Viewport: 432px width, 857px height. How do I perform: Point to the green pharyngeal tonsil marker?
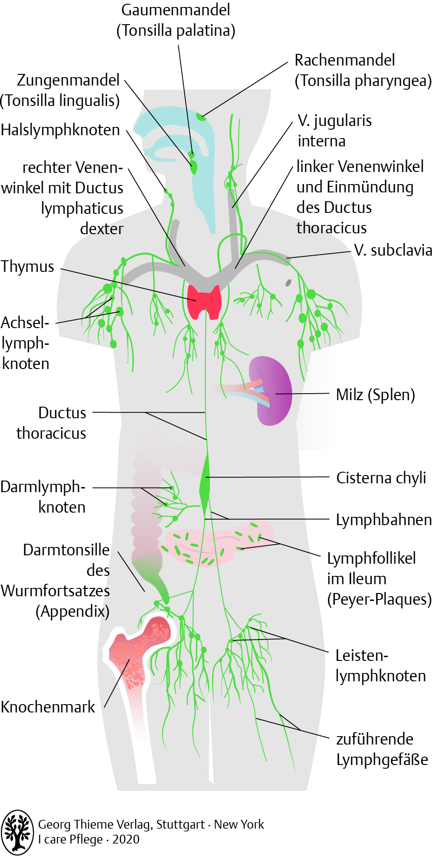point(201,116)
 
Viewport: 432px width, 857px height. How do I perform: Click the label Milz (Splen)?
point(375,395)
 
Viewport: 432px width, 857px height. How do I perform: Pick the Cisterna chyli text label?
point(381,478)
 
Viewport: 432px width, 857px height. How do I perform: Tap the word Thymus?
point(27,267)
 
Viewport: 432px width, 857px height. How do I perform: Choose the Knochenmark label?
point(48,707)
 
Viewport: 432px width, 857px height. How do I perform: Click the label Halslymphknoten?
point(60,130)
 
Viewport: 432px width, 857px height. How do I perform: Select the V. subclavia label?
point(393,251)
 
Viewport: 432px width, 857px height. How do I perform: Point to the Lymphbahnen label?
point(384,520)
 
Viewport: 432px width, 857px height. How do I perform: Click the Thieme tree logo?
point(17,831)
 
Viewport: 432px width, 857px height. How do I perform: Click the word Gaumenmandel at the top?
point(176,10)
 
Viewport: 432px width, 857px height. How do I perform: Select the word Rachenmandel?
point(345,60)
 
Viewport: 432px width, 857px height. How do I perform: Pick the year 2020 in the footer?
point(126,839)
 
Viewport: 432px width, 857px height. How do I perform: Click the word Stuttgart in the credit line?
point(180,824)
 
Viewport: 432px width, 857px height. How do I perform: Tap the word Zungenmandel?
point(68,80)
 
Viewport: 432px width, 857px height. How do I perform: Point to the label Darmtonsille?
point(66,550)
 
